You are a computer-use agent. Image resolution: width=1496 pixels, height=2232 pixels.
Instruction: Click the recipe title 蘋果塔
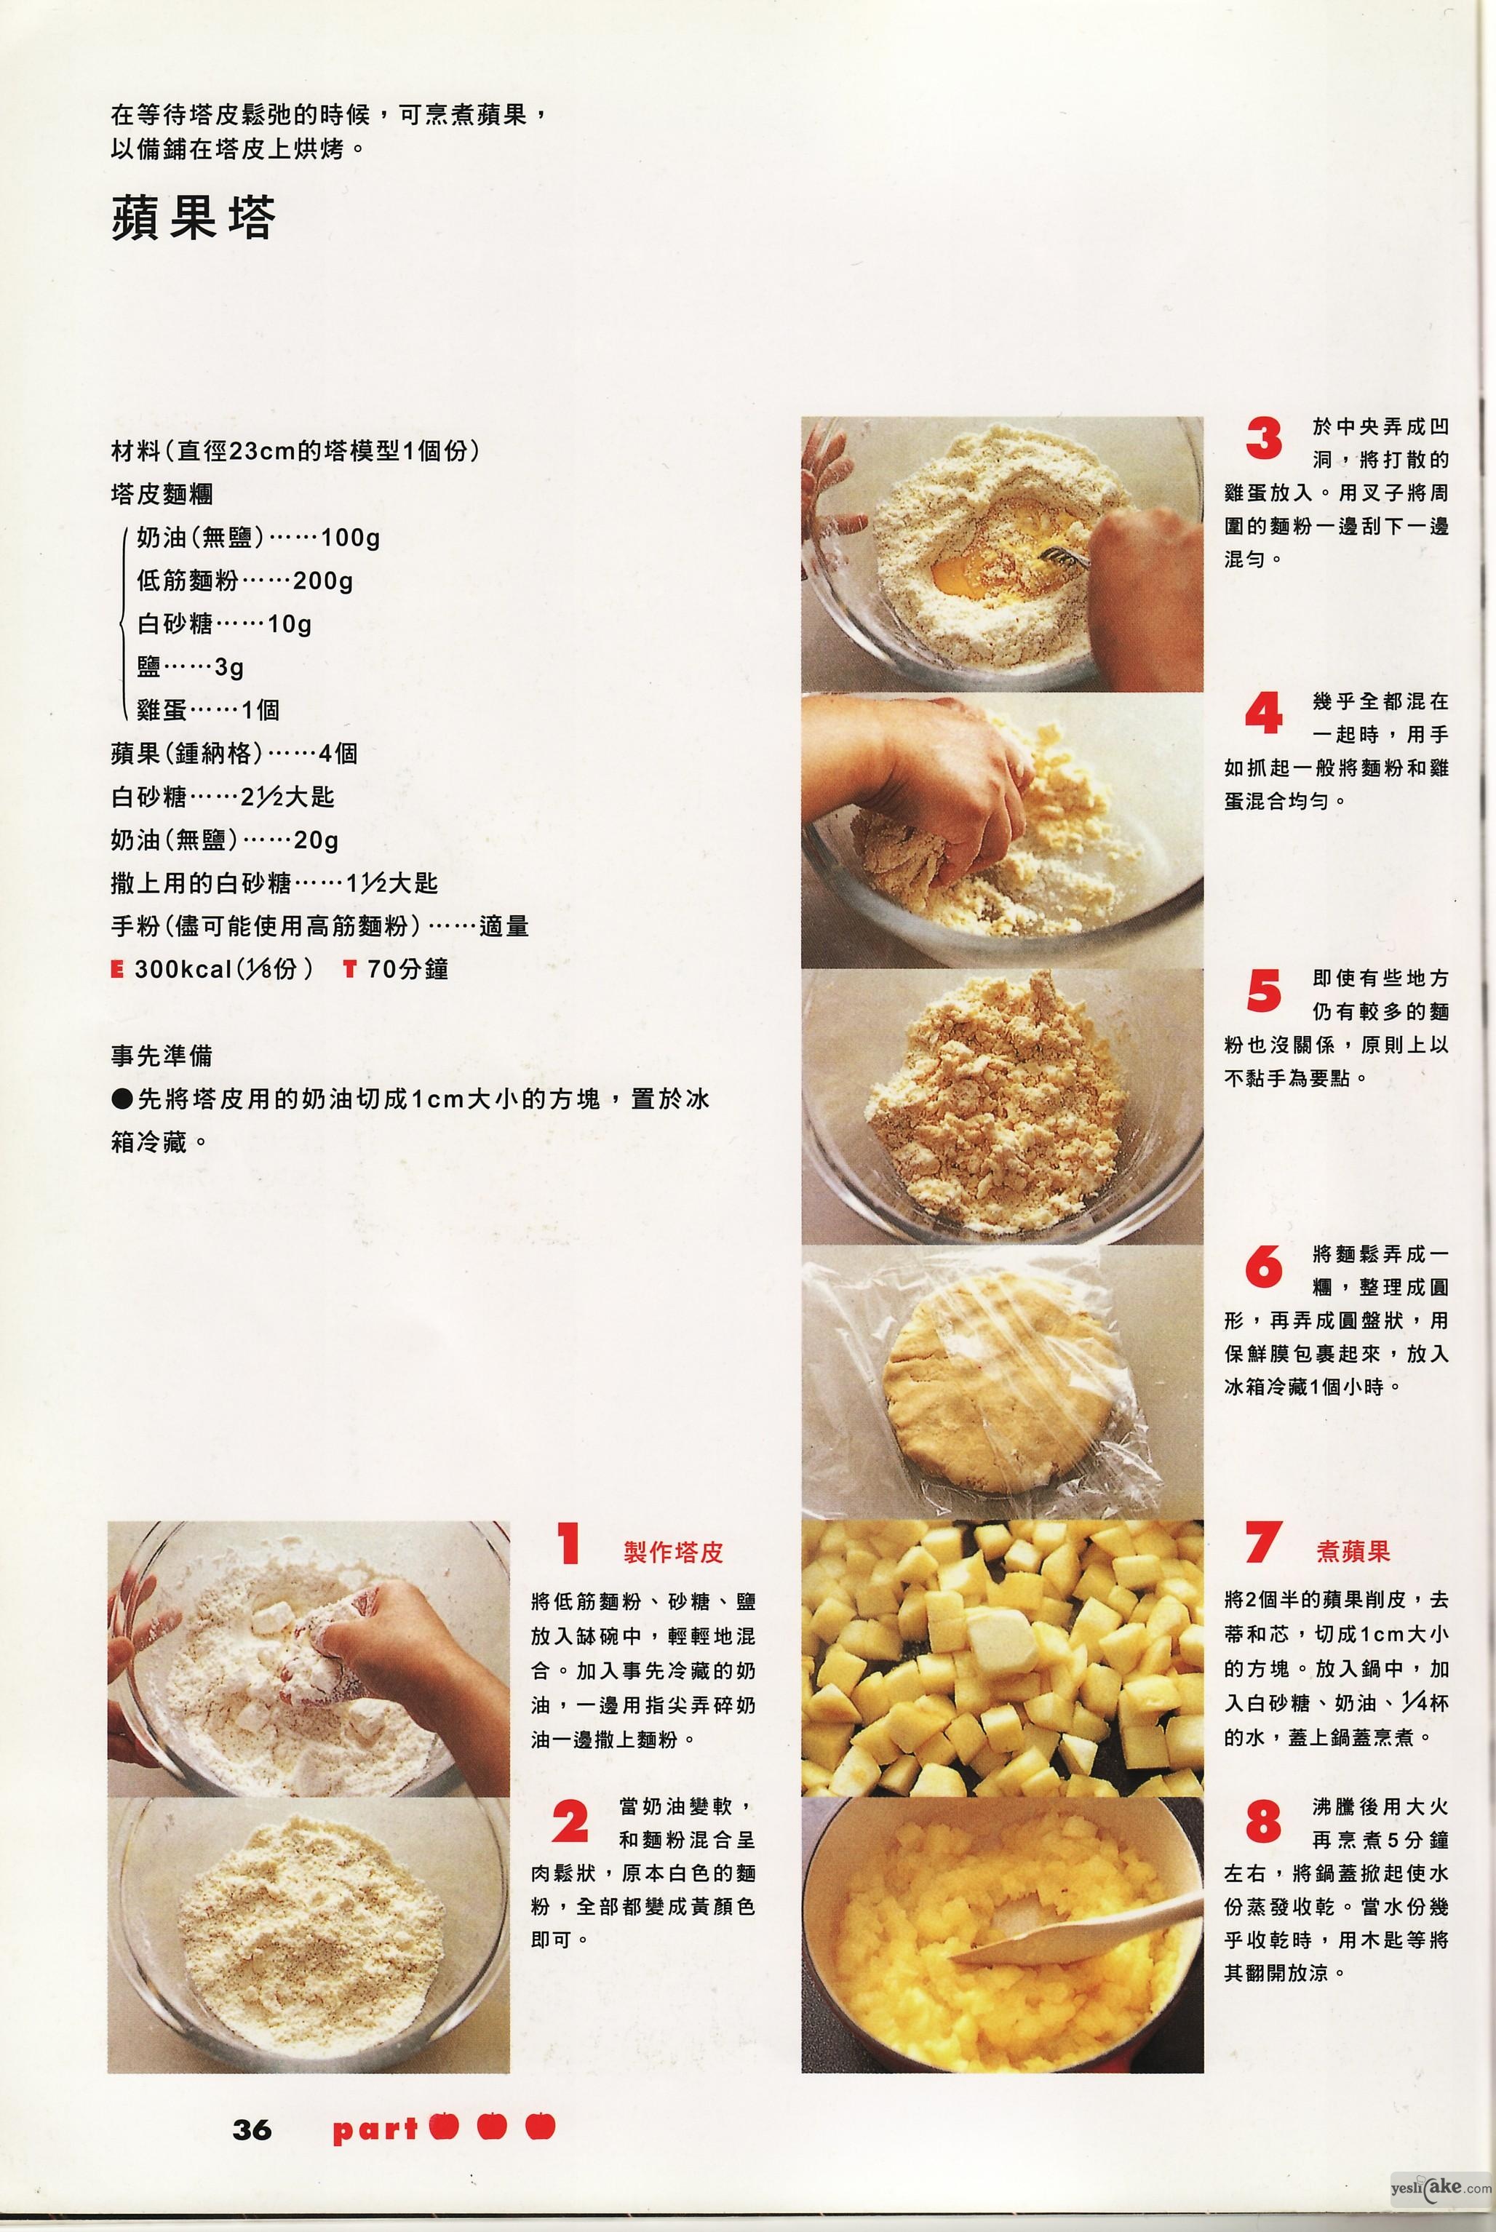click(x=194, y=218)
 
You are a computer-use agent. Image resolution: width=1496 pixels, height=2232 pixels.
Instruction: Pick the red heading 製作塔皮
click(x=674, y=1552)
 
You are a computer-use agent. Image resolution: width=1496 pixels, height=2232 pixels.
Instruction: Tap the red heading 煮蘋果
click(x=1353, y=1551)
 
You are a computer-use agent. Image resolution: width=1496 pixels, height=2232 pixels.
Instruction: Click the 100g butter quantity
click(x=350, y=538)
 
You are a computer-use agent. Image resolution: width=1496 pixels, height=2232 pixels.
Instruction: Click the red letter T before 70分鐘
click(x=349, y=970)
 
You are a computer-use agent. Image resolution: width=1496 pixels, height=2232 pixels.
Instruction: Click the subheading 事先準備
click(x=162, y=1056)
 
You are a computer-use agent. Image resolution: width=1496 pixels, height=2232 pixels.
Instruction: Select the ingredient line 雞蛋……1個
click(x=208, y=709)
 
